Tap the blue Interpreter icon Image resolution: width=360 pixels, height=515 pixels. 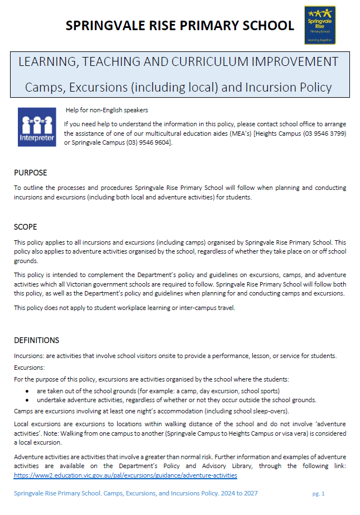point(37,127)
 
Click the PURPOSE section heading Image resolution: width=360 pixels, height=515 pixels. point(30,173)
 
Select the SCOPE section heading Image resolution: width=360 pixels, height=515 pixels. point(26,227)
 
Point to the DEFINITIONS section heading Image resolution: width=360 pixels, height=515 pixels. point(36,340)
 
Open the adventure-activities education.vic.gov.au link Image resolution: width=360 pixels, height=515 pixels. point(126,475)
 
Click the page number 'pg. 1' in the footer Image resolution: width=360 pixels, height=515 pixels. point(318,494)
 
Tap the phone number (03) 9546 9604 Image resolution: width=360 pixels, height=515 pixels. point(151,142)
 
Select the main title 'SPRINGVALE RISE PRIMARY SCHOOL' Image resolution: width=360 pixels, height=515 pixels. point(180,25)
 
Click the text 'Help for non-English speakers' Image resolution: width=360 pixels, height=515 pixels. point(107,110)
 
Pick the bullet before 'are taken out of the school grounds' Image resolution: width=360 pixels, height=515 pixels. point(28,390)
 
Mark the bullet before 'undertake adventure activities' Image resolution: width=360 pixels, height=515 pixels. point(28,399)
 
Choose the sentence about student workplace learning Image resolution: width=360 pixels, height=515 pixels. point(125,308)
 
